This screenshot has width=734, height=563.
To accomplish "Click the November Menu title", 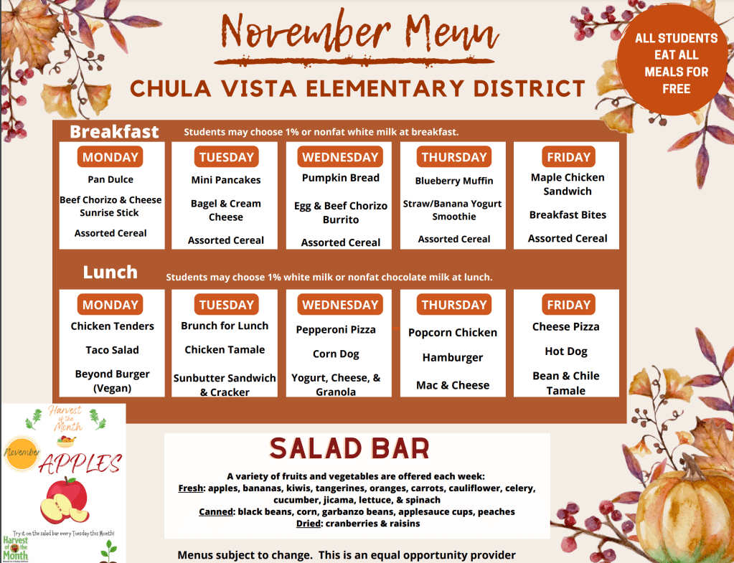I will click(x=360, y=33).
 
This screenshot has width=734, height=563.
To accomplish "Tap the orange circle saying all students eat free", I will click(x=676, y=64).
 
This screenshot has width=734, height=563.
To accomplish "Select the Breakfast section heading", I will click(x=114, y=132).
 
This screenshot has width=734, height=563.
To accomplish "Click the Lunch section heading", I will click(x=110, y=273).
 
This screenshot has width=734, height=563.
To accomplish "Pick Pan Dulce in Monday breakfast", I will click(x=110, y=179).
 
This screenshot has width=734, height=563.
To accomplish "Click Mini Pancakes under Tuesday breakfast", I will click(x=226, y=180).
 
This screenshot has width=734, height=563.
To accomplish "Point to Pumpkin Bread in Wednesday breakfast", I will click(x=340, y=178).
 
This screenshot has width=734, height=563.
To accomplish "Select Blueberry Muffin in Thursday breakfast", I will click(x=454, y=181).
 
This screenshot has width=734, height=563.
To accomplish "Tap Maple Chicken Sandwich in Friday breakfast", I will click(x=568, y=184).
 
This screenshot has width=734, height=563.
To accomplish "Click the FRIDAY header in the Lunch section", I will click(x=568, y=305).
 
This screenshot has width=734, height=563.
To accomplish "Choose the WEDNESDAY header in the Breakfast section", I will click(x=340, y=157).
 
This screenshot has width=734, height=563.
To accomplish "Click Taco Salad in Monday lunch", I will click(x=112, y=350).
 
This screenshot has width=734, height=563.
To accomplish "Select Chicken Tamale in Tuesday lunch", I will click(x=225, y=349).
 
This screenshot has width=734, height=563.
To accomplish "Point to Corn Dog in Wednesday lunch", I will click(x=336, y=354).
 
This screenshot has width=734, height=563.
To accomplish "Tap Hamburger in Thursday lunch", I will click(x=453, y=357).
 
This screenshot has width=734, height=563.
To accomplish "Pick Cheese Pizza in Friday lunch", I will click(x=565, y=326).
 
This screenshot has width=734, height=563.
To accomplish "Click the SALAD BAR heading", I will click(x=349, y=449).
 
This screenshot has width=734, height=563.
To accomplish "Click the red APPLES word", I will click(x=80, y=464).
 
